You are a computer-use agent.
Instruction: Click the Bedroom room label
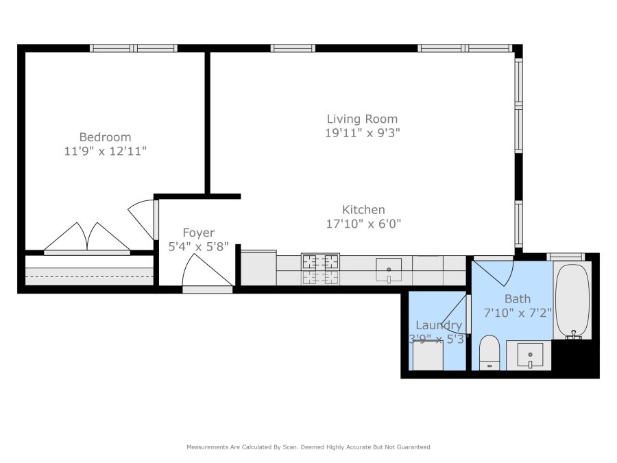click(105, 137)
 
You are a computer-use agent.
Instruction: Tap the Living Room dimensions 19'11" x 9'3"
click(363, 133)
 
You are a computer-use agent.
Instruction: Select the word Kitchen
click(363, 209)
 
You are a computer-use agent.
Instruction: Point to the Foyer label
click(199, 233)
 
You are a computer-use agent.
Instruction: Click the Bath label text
click(518, 299)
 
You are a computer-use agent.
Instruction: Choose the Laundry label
click(439, 325)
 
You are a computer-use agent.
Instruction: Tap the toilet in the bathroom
click(489, 353)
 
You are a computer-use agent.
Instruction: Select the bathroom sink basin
click(530, 355)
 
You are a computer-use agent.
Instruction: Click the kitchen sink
click(389, 270)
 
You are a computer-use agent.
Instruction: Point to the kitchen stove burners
click(320, 268)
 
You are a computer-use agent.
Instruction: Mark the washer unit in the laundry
click(427, 355)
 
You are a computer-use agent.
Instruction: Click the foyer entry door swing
click(207, 270)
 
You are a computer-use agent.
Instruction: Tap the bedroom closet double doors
click(87, 237)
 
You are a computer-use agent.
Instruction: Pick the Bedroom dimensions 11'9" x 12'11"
click(105, 151)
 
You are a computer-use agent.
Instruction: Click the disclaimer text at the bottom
click(308, 447)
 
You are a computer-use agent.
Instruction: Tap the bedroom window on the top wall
click(134, 49)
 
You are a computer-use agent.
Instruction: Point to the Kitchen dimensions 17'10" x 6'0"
click(363, 224)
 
